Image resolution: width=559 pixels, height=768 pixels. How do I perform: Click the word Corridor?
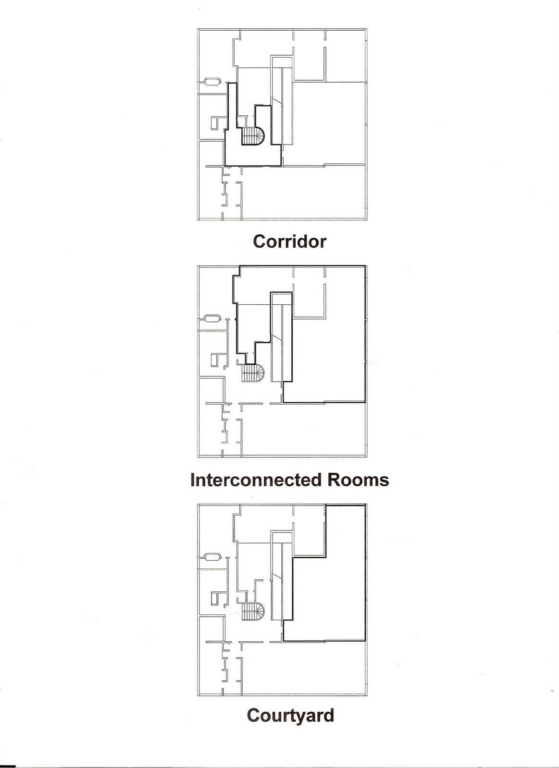point(289,241)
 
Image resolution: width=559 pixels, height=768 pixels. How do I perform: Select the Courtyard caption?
point(290,715)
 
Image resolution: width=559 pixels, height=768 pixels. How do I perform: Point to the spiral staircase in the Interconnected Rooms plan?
point(253,372)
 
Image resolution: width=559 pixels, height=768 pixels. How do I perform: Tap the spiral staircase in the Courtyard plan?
point(253,611)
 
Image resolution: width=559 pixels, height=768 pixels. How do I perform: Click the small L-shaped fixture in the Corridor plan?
point(217,122)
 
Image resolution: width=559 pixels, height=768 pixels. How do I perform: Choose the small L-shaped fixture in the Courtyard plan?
point(217,598)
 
